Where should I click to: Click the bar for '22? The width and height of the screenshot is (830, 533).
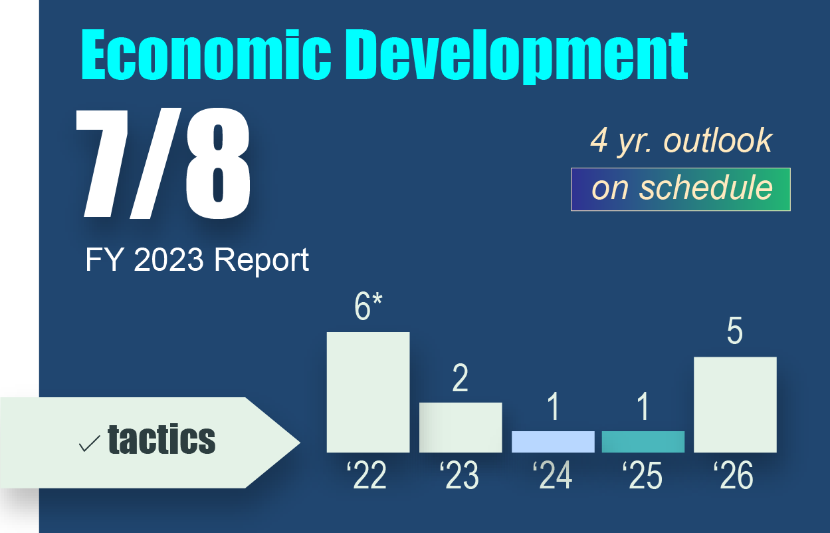(x=367, y=392)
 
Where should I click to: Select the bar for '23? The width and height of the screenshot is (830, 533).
(x=460, y=427)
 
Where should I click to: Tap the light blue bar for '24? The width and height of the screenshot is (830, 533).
(x=553, y=442)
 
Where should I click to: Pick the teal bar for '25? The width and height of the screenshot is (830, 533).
(x=643, y=442)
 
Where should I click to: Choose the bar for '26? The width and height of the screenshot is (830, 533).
(x=735, y=405)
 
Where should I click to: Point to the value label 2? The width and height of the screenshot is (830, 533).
(x=460, y=378)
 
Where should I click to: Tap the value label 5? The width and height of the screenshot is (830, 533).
(x=734, y=332)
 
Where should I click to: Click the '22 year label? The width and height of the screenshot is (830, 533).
(x=366, y=476)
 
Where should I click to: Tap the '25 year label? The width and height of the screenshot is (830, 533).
(x=642, y=476)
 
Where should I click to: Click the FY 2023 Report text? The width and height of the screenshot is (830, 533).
(x=197, y=260)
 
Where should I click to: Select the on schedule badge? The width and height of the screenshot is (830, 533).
(x=680, y=189)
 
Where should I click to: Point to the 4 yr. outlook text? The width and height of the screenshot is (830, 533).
(x=681, y=141)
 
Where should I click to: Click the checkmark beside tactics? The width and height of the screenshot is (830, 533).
(x=89, y=443)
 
